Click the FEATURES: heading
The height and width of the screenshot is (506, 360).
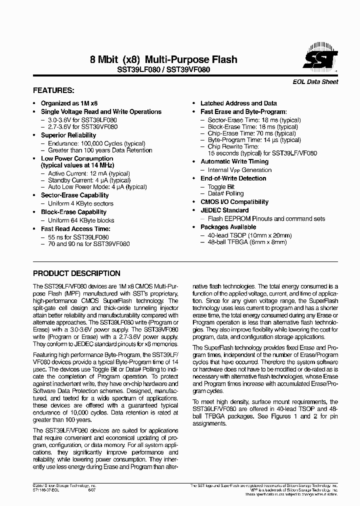(53, 91)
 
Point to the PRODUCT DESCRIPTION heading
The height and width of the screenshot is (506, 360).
(76, 273)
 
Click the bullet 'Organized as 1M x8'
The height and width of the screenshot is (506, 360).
(69, 103)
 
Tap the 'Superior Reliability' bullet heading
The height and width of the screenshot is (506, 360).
(68, 135)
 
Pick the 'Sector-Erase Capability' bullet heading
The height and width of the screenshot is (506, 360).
(74, 195)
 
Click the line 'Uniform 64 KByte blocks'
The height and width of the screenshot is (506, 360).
(81, 220)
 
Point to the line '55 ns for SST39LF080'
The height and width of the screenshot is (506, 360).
(78, 237)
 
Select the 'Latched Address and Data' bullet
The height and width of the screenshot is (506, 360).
(238, 103)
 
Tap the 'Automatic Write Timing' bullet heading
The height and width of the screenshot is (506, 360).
(234, 162)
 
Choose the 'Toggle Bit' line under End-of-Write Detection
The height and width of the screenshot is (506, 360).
(221, 187)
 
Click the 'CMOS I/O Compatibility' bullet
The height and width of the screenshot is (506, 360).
(234, 202)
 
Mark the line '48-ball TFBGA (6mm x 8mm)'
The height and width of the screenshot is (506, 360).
(247, 242)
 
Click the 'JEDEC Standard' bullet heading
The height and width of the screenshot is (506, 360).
(224, 210)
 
